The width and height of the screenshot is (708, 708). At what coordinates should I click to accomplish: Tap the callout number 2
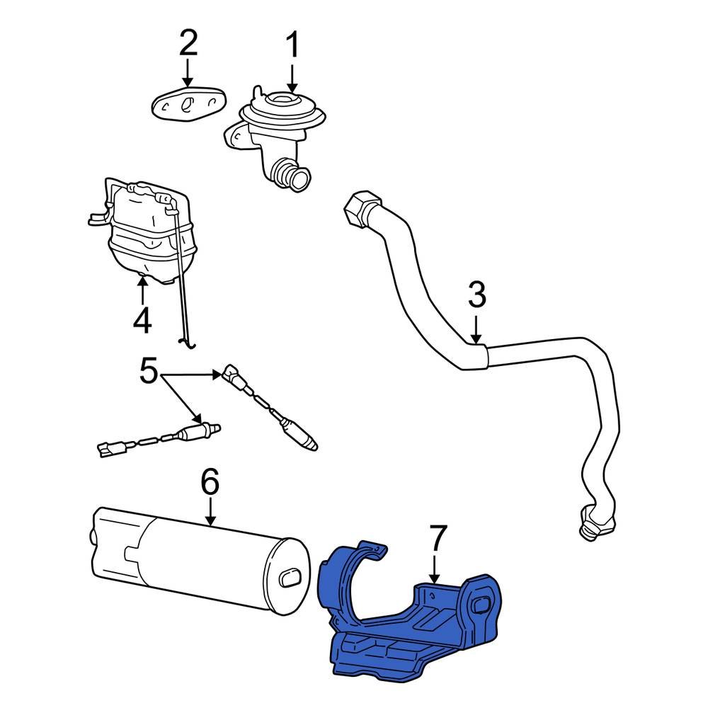click(x=188, y=44)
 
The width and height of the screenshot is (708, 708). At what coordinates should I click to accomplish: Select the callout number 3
click(x=476, y=295)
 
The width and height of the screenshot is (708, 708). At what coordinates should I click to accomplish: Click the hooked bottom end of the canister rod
click(x=187, y=343)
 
